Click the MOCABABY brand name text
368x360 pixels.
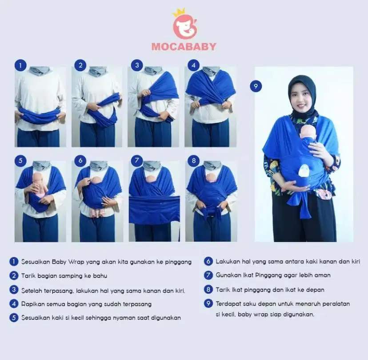click(184, 46)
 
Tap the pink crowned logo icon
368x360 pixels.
click(184, 25)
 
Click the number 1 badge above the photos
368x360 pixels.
click(20, 65)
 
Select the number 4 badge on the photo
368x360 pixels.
click(193, 65)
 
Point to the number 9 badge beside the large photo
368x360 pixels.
click(256, 86)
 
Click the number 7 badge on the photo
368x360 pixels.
click(136, 160)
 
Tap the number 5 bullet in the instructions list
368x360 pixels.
click(14, 318)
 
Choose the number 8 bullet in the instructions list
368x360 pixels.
click(208, 290)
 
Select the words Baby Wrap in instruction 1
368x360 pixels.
click(64, 262)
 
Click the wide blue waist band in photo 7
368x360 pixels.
click(154, 209)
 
